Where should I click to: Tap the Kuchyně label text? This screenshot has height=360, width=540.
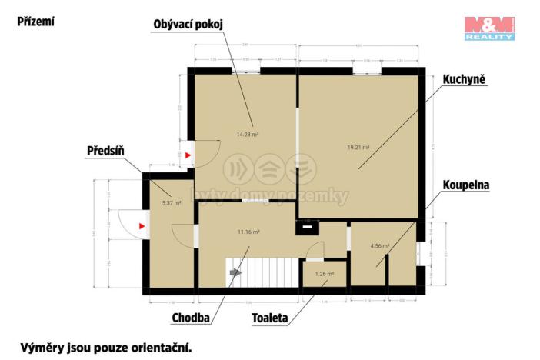(464, 78)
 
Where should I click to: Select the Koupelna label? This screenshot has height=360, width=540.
(466, 185)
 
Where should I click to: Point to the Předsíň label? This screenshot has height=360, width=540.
(106, 152)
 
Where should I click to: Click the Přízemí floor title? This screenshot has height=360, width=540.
(36, 22)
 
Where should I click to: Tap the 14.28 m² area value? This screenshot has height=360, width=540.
(247, 134)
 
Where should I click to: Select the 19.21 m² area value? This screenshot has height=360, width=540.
(358, 147)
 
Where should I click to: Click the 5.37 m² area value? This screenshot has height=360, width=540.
(172, 203)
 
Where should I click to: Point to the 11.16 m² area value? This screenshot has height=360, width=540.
(248, 232)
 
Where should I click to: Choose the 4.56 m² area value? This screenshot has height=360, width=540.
(380, 246)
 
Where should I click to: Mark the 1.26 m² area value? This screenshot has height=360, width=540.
(325, 274)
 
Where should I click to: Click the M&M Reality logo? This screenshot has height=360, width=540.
(489, 28)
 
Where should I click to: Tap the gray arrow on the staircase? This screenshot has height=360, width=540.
(236, 272)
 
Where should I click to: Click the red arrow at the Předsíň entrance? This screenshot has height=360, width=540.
(142, 226)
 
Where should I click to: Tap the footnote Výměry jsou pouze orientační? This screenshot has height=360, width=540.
(105, 347)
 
